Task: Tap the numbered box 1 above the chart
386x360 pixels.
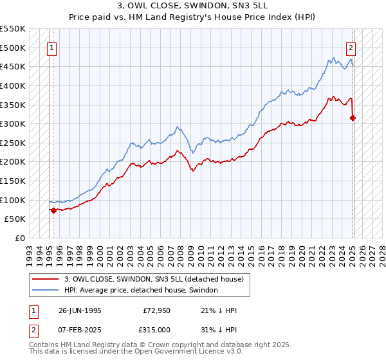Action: click(x=51, y=47)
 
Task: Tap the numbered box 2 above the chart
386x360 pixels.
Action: click(x=351, y=47)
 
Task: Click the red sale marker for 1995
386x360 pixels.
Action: click(x=53, y=210)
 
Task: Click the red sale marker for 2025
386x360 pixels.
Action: click(x=353, y=118)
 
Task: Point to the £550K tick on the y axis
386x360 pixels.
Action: click(x=13, y=29)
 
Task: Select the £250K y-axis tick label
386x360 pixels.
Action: click(x=13, y=143)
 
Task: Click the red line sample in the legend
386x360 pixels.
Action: click(x=46, y=280)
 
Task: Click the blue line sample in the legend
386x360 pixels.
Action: click(x=46, y=291)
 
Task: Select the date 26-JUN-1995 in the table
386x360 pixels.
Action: click(x=80, y=310)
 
